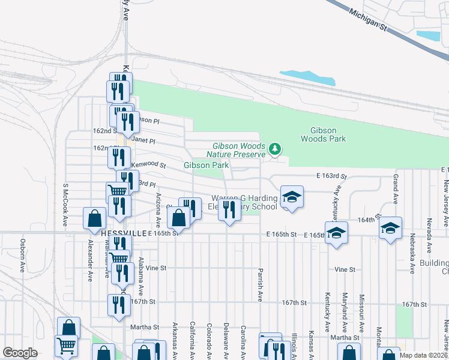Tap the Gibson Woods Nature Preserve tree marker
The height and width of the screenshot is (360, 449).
pyautogui.click(x=275, y=148)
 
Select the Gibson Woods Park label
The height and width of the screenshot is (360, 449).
pyautogui.click(x=328, y=135)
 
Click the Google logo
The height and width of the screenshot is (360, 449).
pyautogui.click(x=20, y=353)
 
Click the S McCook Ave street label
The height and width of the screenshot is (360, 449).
pyautogui.click(x=64, y=206)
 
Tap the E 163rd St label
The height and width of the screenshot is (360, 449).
pyautogui.click(x=332, y=176)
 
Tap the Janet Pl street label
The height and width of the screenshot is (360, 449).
pyautogui.click(x=143, y=140)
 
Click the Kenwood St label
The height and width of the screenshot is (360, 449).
pyautogui.click(x=148, y=164)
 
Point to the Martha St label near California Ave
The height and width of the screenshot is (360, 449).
pyautogui.click(x=144, y=327)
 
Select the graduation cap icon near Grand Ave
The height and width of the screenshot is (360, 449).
pyautogui.click(x=390, y=228)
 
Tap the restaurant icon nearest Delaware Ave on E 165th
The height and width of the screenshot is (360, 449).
pyautogui.click(x=229, y=210)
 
